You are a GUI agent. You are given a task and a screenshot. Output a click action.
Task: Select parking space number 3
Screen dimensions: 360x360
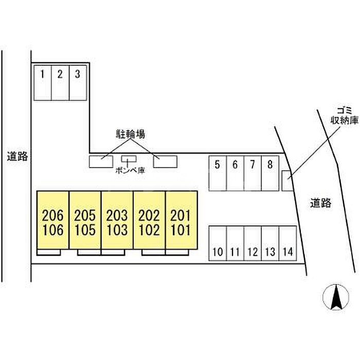pos(77,82)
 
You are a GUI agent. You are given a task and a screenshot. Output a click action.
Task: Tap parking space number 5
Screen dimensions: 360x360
pos(217,173)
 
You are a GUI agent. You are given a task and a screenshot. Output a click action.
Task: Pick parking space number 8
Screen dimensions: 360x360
pos(269,173)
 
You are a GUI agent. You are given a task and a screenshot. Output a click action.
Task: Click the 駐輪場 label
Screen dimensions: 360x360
pos(129,134)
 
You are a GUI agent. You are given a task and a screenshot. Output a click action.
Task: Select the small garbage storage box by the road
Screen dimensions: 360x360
pos(286,181)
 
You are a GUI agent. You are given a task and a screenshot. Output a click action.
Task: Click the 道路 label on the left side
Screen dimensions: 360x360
pos(17,155)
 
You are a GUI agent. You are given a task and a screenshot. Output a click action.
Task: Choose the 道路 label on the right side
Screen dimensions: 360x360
pos(321,203)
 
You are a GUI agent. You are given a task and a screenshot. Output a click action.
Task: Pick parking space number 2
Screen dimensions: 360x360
pos(60,82)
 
